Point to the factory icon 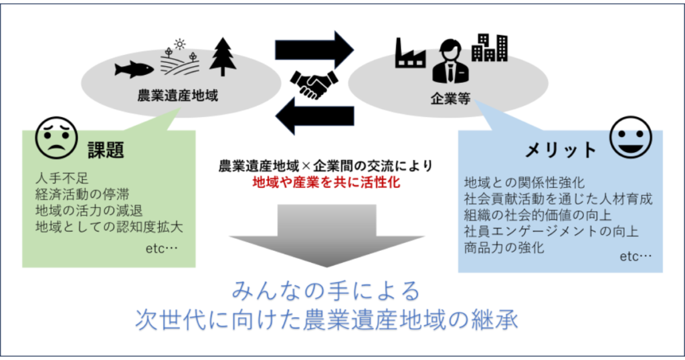410,53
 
